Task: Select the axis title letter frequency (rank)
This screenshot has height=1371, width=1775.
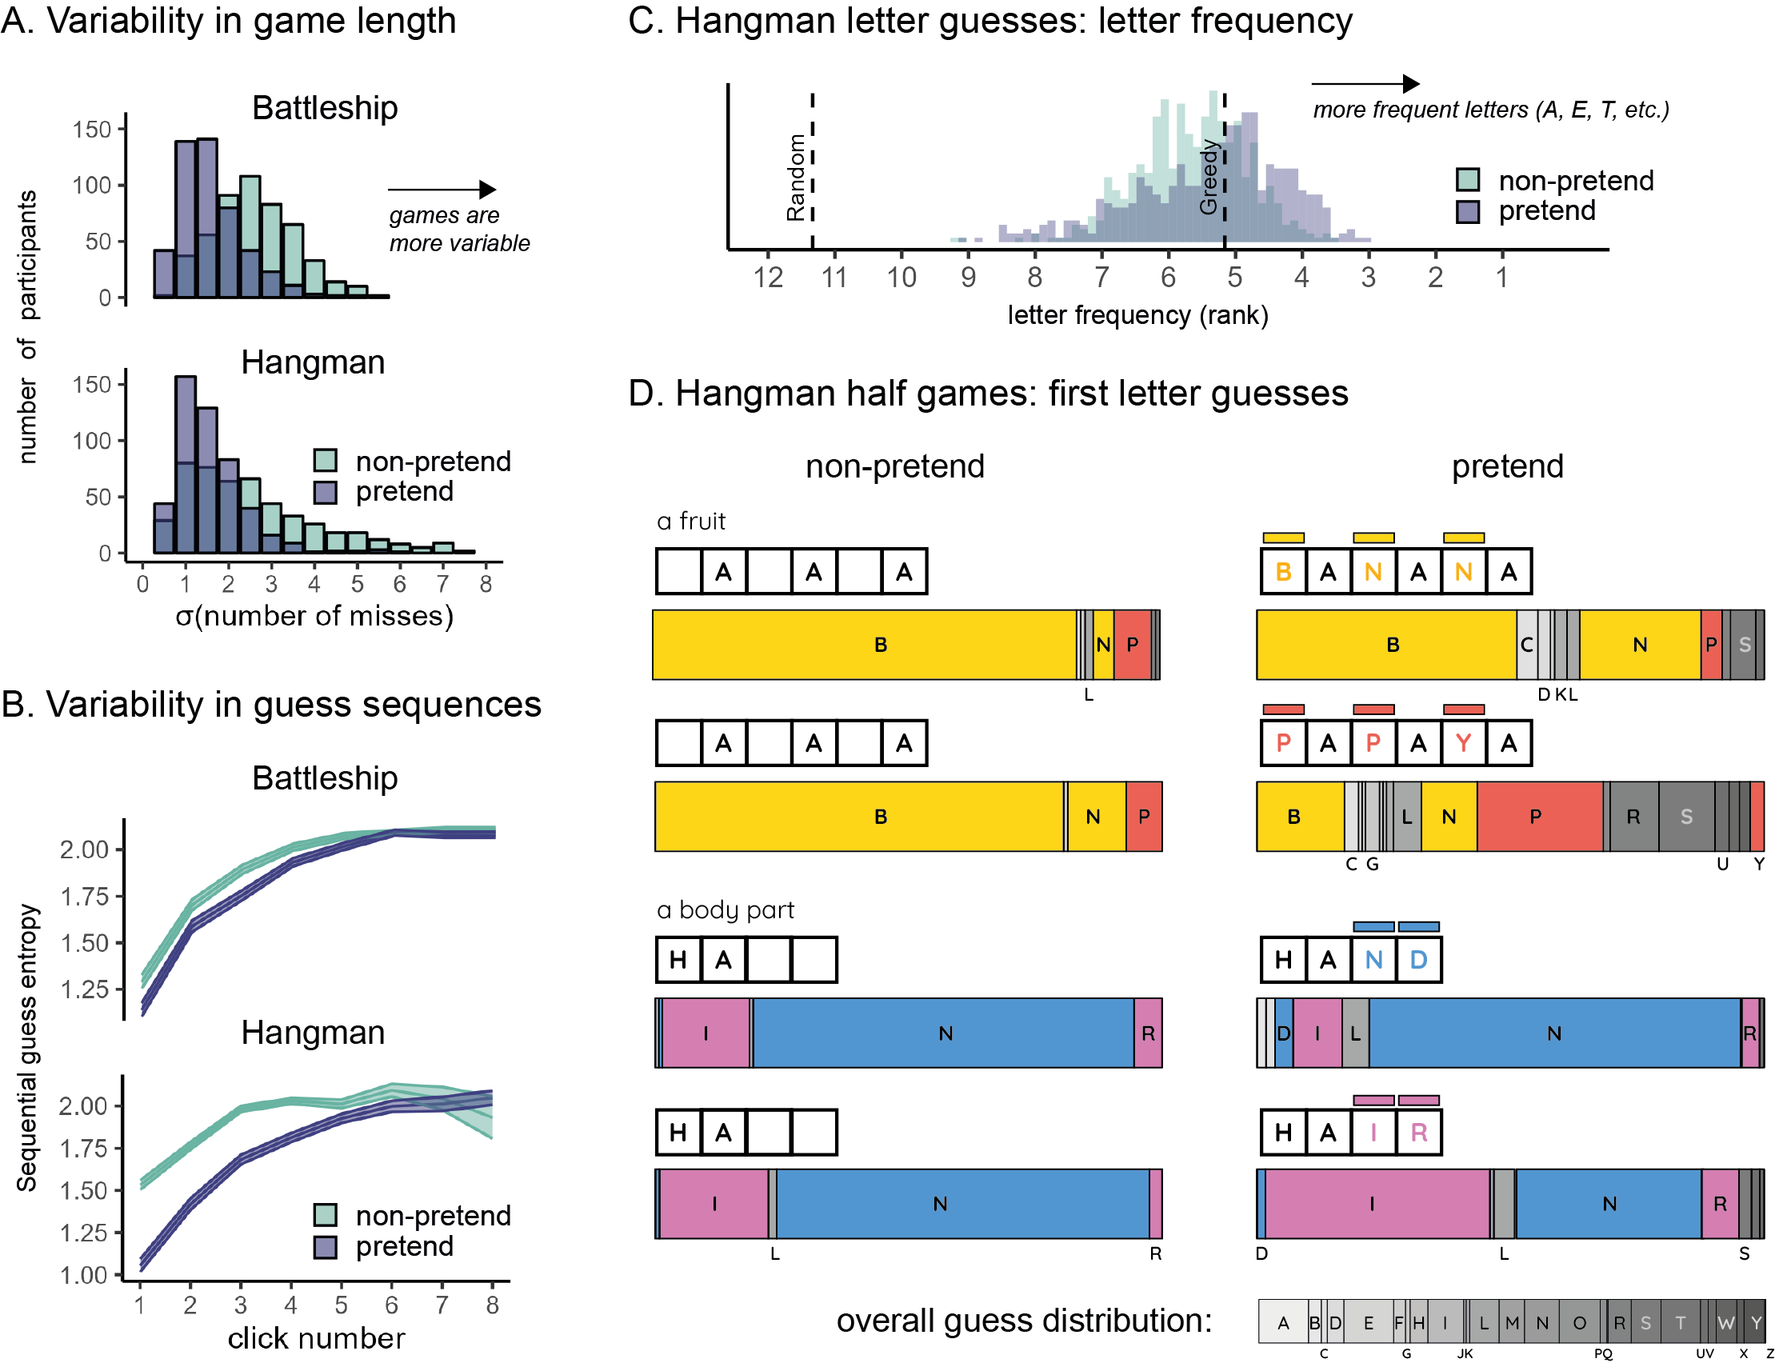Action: coord(1137,315)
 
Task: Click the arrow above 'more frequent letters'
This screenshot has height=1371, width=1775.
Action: coord(1365,84)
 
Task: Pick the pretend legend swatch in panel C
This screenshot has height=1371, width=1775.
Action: coord(1467,211)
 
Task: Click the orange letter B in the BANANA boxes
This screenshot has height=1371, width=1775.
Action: coord(1283,572)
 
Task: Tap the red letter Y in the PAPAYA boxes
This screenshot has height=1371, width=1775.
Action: coord(1463,743)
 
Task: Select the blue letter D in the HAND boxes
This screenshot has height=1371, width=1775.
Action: coord(1418,960)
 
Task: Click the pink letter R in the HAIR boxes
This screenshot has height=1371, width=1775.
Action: coord(1418,1132)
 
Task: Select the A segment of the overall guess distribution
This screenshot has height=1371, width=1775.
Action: coord(1282,1322)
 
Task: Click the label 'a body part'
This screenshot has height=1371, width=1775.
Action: coord(725,909)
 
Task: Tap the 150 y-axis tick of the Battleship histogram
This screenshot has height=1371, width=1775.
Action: coord(91,130)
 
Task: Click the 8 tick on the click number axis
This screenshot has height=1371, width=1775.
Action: coord(492,1305)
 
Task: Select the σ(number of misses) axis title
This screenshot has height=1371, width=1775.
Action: coord(314,616)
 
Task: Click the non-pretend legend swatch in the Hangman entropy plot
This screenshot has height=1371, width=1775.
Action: coord(325,1215)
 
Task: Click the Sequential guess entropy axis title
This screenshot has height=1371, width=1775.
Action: coord(27,1049)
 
